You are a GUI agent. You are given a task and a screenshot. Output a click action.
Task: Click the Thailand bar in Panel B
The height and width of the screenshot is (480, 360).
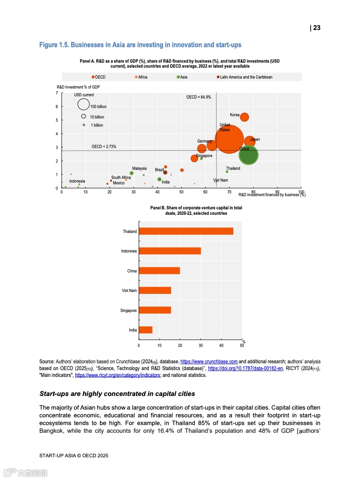186,231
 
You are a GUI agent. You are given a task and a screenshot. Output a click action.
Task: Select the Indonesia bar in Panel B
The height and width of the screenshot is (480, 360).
170,251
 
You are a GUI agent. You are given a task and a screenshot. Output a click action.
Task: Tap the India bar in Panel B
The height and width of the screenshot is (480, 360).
146,330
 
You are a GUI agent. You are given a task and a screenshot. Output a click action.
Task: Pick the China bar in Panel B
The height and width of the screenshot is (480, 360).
159,271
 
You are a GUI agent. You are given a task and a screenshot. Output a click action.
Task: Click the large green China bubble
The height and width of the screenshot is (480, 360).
248,155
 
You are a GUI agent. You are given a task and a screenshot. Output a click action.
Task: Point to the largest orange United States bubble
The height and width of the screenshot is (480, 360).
229,139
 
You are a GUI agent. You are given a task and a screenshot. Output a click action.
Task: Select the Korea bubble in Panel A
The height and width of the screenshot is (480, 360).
244,117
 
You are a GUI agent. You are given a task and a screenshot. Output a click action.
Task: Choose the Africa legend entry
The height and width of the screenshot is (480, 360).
141,77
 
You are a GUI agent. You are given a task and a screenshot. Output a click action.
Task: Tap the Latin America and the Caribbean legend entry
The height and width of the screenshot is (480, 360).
245,77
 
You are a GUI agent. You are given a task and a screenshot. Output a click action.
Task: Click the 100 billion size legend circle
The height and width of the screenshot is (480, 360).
84,104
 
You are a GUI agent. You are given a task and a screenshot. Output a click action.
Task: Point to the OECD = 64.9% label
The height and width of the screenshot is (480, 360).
199,97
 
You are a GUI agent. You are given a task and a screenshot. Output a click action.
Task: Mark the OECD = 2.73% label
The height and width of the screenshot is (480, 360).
104,147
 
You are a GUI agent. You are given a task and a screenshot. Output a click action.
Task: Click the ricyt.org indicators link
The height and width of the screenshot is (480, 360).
118,376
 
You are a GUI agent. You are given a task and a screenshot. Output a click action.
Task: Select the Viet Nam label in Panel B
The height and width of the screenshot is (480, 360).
129,291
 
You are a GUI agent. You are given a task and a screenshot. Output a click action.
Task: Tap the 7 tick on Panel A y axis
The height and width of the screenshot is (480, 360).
56,93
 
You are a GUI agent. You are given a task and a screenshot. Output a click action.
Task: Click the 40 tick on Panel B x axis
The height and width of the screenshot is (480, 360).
221,346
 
